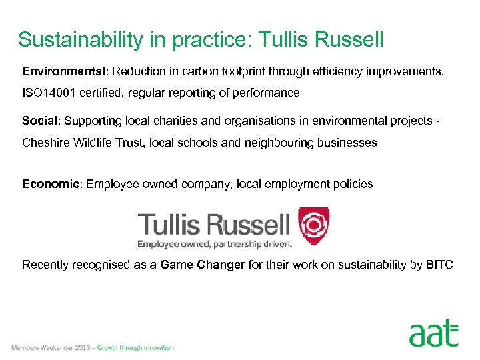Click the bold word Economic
(51, 184)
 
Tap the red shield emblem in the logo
(313, 225)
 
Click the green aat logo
(434, 333)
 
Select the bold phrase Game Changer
(203, 265)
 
